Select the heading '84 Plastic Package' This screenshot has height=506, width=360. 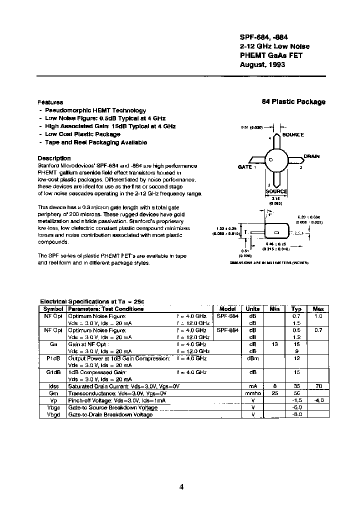tap(293, 102)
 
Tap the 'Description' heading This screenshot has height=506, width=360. tap(54, 158)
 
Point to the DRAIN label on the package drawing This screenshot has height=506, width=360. tap(311, 156)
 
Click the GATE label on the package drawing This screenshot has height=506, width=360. tap(244, 167)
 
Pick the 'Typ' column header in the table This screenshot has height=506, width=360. tap(296, 309)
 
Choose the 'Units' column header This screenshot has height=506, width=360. tap(252, 309)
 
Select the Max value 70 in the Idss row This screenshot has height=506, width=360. tap(318, 386)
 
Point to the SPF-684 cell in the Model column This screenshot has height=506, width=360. tap(227, 316)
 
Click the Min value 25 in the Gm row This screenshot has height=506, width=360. tap(274, 393)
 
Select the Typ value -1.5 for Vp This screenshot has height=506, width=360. tap(296, 400)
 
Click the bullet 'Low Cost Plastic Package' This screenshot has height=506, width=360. tap(83, 134)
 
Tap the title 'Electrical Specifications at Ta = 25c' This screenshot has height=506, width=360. tap(92, 302)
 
